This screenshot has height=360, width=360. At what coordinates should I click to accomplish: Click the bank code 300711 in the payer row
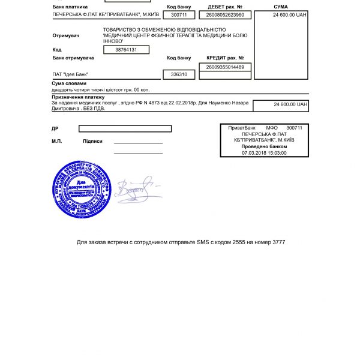tap(179, 14)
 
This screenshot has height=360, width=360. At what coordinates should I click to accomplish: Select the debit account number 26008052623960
tap(225, 14)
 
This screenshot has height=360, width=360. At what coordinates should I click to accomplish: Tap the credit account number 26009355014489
tap(225, 67)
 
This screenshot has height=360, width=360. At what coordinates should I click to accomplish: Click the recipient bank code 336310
tap(179, 75)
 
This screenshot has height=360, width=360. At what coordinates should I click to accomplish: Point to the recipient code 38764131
tap(127, 50)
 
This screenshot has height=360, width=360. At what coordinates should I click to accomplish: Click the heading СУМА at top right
tap(280, 7)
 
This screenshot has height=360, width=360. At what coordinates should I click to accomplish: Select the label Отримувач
tap(65, 35)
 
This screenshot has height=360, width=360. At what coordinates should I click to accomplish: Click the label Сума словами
tap(69, 83)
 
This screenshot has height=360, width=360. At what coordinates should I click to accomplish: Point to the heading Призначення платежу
tap(78, 97)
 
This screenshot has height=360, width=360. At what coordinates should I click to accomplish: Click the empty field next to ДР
tap(125, 128)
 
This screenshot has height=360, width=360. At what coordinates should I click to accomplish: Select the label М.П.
tap(57, 141)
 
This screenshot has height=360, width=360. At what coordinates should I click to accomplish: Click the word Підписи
tap(92, 141)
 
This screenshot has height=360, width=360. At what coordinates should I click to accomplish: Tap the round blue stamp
tap(82, 190)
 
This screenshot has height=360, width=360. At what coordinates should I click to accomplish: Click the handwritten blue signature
tap(138, 189)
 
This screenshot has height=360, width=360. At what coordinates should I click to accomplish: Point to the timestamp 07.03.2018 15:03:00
tap(264, 152)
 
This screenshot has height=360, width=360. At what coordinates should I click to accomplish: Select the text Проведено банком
tap(264, 146)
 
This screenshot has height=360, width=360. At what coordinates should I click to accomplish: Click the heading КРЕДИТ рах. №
tap(225, 58)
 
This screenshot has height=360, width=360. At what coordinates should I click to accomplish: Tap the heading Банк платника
tap(70, 7)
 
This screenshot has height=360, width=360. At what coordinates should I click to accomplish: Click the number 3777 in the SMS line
tap(278, 242)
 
